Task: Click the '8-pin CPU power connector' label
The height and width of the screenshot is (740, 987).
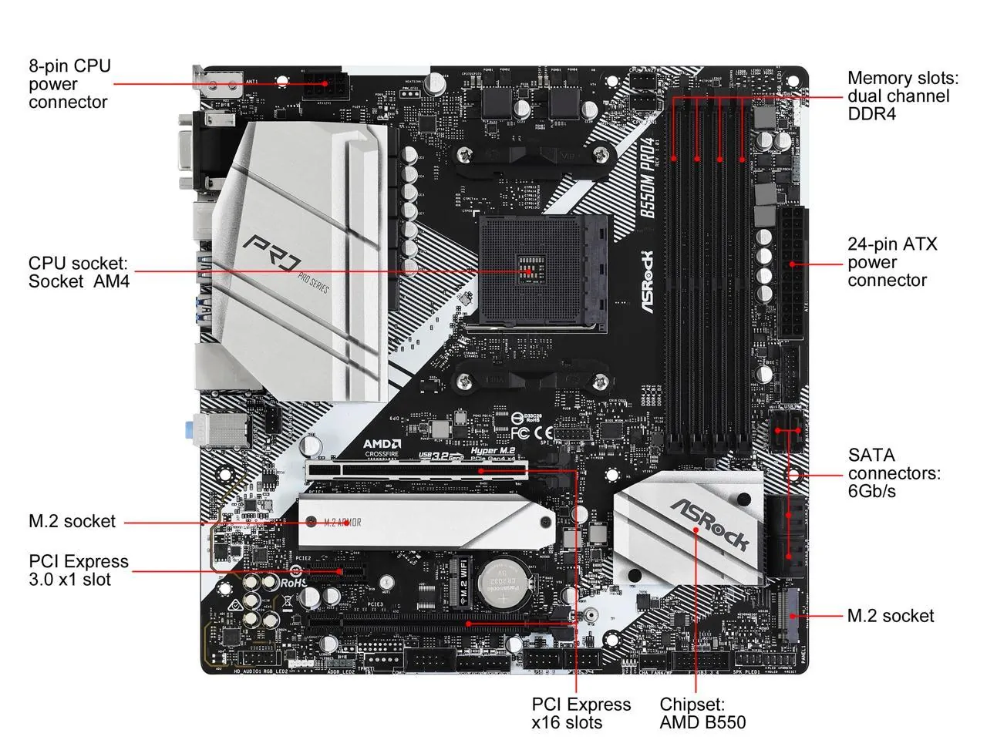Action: click(x=69, y=84)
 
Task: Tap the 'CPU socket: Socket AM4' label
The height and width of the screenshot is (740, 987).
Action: click(x=79, y=272)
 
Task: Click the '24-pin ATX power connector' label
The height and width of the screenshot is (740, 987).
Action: click(x=892, y=262)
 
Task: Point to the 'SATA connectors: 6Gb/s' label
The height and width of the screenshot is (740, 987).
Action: click(x=894, y=473)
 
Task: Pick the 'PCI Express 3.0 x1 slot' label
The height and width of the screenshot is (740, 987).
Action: click(x=79, y=570)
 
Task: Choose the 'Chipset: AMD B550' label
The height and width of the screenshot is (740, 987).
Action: click(x=702, y=713)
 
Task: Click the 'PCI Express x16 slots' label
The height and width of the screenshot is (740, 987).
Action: click(x=581, y=713)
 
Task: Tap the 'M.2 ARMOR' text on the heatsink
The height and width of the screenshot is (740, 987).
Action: click(x=342, y=523)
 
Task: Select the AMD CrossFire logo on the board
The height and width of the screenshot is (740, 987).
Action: click(x=382, y=449)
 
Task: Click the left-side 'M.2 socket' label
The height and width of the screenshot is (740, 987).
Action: click(x=72, y=522)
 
